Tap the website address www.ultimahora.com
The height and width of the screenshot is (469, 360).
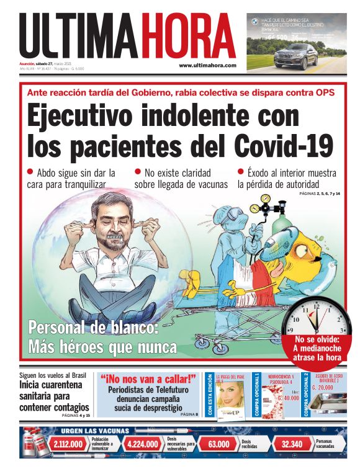(x=207, y=65)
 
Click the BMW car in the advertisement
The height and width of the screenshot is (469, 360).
(x=296, y=55)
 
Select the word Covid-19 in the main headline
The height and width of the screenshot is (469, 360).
(x=284, y=146)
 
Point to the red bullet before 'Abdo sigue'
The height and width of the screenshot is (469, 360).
(x=30, y=172)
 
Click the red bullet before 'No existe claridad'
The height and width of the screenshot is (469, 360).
(x=138, y=172)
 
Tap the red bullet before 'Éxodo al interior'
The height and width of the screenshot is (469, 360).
(x=241, y=172)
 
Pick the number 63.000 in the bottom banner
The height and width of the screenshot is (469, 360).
(x=219, y=444)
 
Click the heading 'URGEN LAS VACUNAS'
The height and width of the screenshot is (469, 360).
(x=95, y=431)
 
